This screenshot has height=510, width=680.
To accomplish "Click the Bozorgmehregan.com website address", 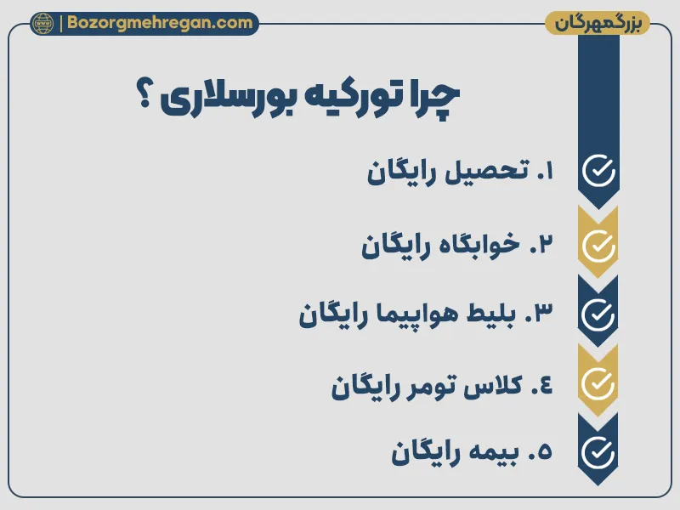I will (x=156, y=23).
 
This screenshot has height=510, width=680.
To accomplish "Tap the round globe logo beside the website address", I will (x=42, y=23).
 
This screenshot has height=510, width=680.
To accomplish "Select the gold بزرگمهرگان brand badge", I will (x=597, y=23).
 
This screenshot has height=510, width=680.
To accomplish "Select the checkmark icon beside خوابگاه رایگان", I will (x=598, y=245).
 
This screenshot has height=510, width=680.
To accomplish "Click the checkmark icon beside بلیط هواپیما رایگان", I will (x=598, y=314).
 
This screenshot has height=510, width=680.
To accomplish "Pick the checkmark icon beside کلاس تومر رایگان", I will (x=598, y=384).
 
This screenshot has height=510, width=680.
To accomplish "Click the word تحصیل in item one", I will (x=479, y=173).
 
